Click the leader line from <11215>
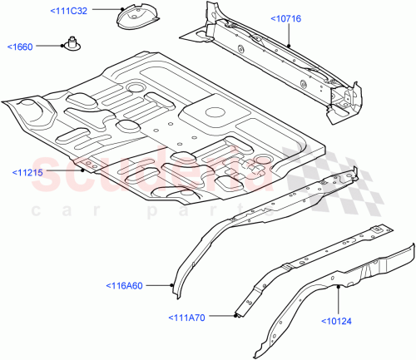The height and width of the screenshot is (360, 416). (71, 172)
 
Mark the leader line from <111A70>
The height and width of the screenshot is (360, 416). (223, 317)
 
